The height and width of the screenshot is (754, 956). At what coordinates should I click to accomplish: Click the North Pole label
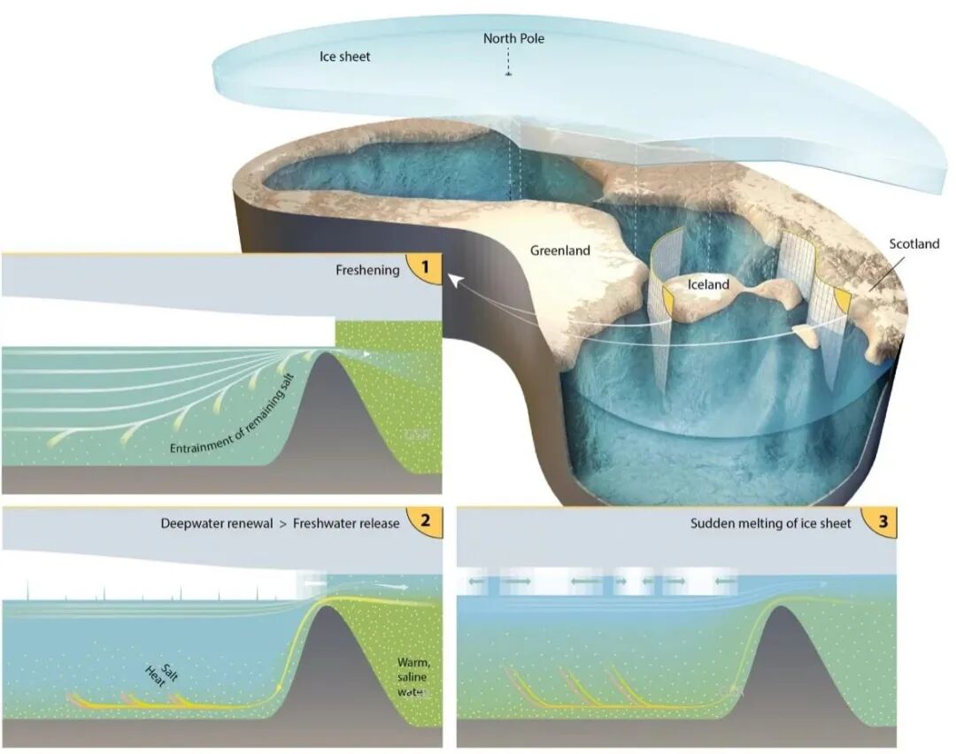pyautogui.click(x=513, y=39)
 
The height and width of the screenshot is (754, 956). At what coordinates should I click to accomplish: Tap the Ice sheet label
pyautogui.click(x=344, y=57)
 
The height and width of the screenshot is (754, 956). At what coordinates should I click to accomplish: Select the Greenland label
pyautogui.click(x=560, y=250)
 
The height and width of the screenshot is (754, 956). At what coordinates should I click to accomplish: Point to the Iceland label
pyautogui.click(x=708, y=285)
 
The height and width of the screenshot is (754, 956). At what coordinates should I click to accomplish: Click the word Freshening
pyautogui.click(x=366, y=270)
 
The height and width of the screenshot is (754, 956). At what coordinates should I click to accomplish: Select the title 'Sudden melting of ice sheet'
pyautogui.click(x=770, y=523)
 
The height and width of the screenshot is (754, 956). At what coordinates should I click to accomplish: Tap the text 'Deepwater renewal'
pyautogui.click(x=212, y=523)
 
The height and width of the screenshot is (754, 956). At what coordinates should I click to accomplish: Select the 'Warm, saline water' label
pyautogui.click(x=412, y=677)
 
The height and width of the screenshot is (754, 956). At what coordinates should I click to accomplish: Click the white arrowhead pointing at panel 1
pyautogui.click(x=452, y=280)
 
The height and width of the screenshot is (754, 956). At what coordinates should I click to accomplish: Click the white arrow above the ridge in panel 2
pyautogui.click(x=389, y=587)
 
